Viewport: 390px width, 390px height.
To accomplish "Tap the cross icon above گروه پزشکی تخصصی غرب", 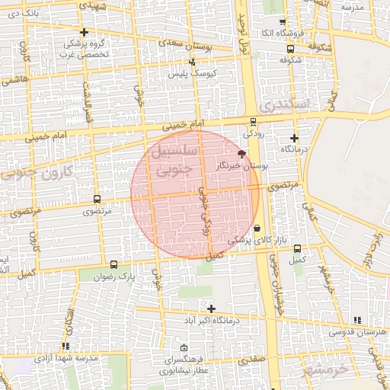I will click(84, 32).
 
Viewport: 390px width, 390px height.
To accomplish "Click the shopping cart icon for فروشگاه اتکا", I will click(283, 22).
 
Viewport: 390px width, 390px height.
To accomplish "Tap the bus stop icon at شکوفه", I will click(289, 47).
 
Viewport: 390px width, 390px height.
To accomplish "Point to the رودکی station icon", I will click(253, 120).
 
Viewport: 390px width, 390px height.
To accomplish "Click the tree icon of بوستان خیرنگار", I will click(241, 154).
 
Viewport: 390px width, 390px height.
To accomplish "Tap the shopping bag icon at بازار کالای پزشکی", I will click(257, 228).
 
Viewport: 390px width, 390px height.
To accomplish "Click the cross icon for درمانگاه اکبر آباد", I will click(211, 308).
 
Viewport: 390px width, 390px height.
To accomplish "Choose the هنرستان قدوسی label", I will click(356, 332).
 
